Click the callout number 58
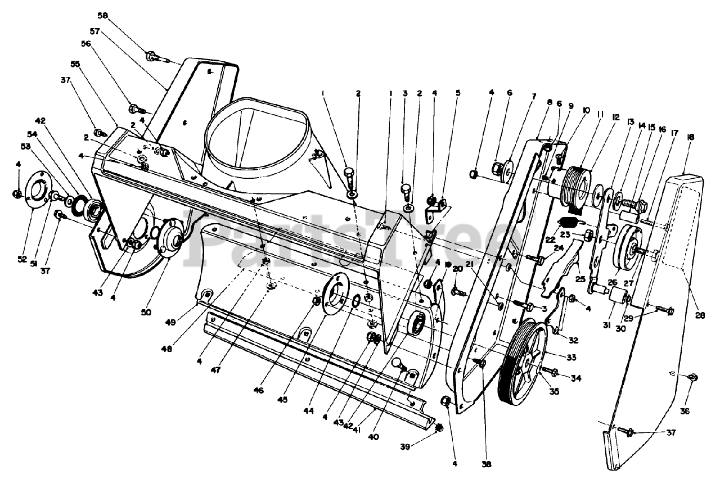[x=103, y=15]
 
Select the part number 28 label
[x=699, y=315]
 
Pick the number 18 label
[x=690, y=137]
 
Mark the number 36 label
[x=684, y=411]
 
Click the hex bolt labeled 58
[x=152, y=56]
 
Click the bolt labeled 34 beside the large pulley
[x=549, y=371]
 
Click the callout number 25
[x=580, y=278]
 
